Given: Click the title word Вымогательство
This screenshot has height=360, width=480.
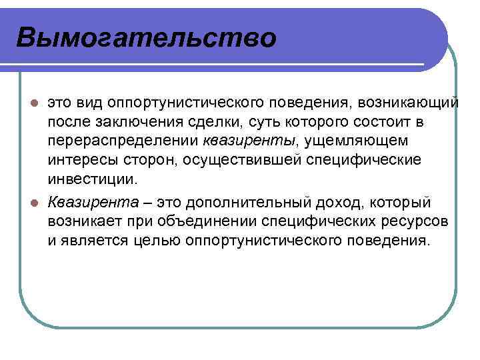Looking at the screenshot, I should point(145,37).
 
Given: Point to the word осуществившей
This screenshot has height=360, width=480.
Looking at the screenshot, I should point(239,161).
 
